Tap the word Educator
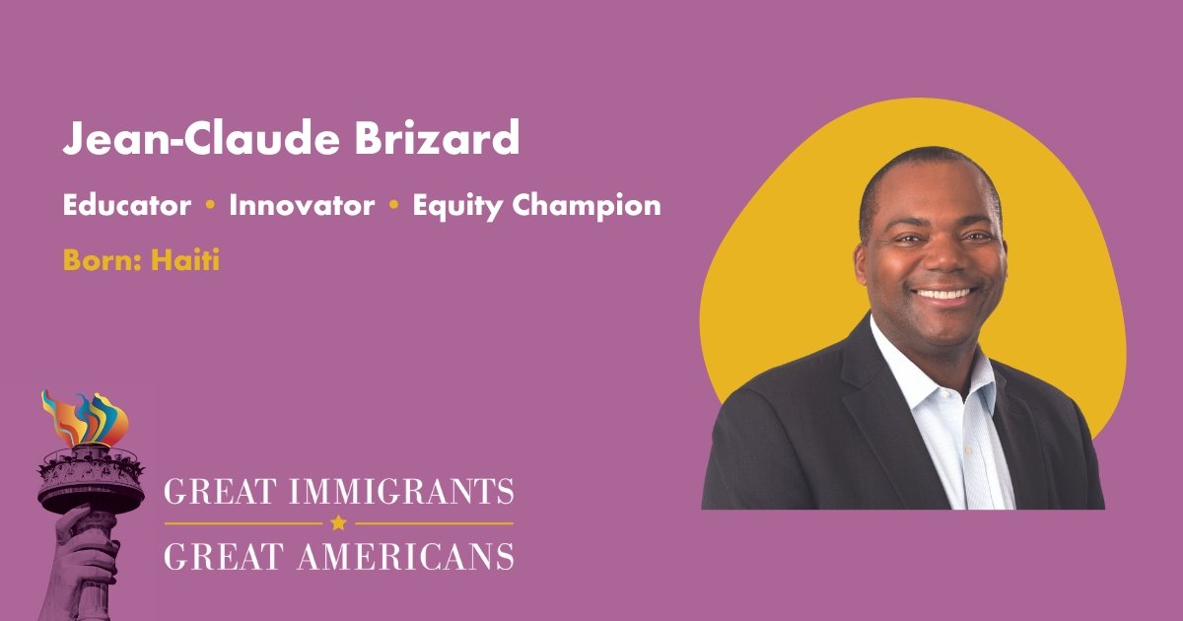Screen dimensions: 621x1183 tap(127, 206)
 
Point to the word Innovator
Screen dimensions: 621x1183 tap(302, 206)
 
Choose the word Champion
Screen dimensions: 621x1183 tap(588, 207)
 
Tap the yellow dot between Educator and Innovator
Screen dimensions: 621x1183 tap(210, 206)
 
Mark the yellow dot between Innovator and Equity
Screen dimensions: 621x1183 tap(393, 206)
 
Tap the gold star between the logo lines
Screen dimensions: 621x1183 tap(339, 523)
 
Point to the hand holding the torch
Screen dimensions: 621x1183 tap(84, 552)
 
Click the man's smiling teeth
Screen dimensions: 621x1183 tap(944, 294)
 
